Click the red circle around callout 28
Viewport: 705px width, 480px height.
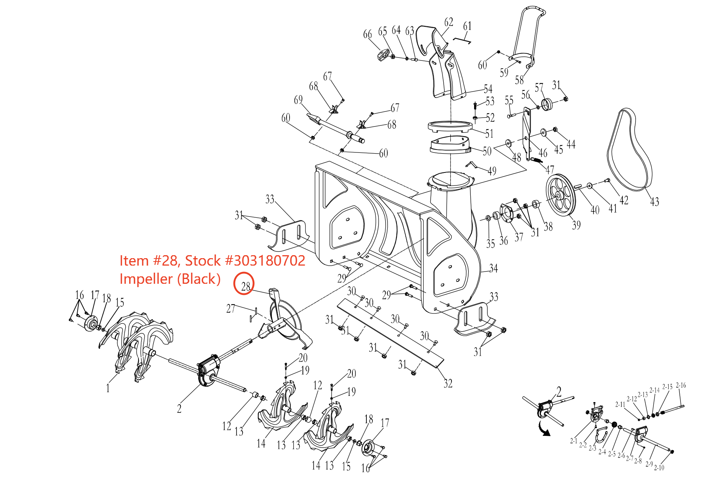point(244,283)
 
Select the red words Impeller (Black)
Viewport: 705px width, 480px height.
point(170,279)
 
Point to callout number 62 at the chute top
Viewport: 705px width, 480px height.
point(448,22)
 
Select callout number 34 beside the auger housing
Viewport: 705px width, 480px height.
point(493,268)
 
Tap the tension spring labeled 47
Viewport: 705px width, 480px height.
point(536,160)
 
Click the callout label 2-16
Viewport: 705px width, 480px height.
point(680,385)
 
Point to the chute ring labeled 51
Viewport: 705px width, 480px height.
point(450,127)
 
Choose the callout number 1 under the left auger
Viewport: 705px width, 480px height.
point(108,388)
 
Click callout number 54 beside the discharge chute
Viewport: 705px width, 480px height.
point(488,89)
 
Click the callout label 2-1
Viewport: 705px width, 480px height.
point(574,441)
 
